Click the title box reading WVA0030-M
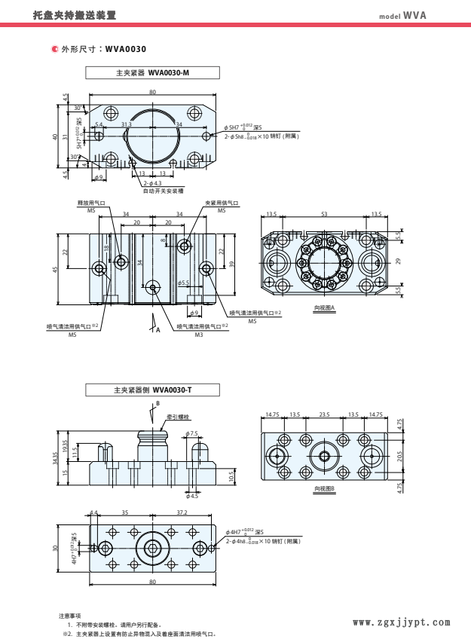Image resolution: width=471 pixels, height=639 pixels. (x=152, y=73)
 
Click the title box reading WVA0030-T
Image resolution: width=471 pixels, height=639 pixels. (x=152, y=390)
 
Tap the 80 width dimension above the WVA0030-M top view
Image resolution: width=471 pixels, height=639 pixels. (x=152, y=91)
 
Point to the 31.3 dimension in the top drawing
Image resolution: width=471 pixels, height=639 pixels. (x=126, y=124)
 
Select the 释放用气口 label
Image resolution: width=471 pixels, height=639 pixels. (x=69, y=203)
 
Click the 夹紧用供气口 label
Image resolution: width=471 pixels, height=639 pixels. (x=222, y=203)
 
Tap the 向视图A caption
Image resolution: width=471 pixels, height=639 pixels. (x=324, y=308)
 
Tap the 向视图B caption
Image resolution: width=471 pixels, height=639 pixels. (x=324, y=488)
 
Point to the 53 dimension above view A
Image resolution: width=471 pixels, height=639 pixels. (x=324, y=215)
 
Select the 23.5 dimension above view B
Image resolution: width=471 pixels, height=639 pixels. (x=325, y=414)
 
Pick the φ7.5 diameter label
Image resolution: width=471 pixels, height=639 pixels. (x=192, y=433)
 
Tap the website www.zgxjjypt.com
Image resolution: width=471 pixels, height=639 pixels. (x=401, y=622)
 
